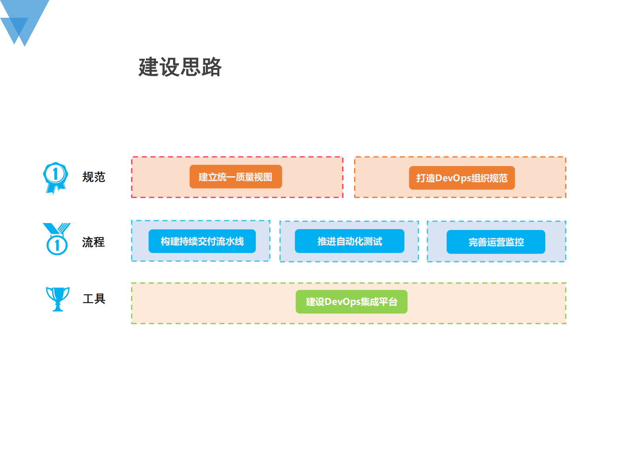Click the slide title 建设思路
pos(180,67)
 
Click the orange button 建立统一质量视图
pos(235,177)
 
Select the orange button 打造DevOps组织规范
pos(461,178)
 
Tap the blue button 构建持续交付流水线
pos(202,241)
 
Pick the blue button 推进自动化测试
pos(349,241)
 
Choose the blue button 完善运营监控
pos(495,242)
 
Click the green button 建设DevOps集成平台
pos(351,302)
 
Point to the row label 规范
pos(94,177)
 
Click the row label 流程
pos(93,242)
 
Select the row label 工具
pos(94,299)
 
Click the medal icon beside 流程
pos(57,239)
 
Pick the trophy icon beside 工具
pos(58,299)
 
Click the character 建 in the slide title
pos(149,67)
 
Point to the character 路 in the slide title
pos(211,67)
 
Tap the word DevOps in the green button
pos(343,302)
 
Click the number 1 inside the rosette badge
pos(55,174)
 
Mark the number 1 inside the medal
pos(57,245)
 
